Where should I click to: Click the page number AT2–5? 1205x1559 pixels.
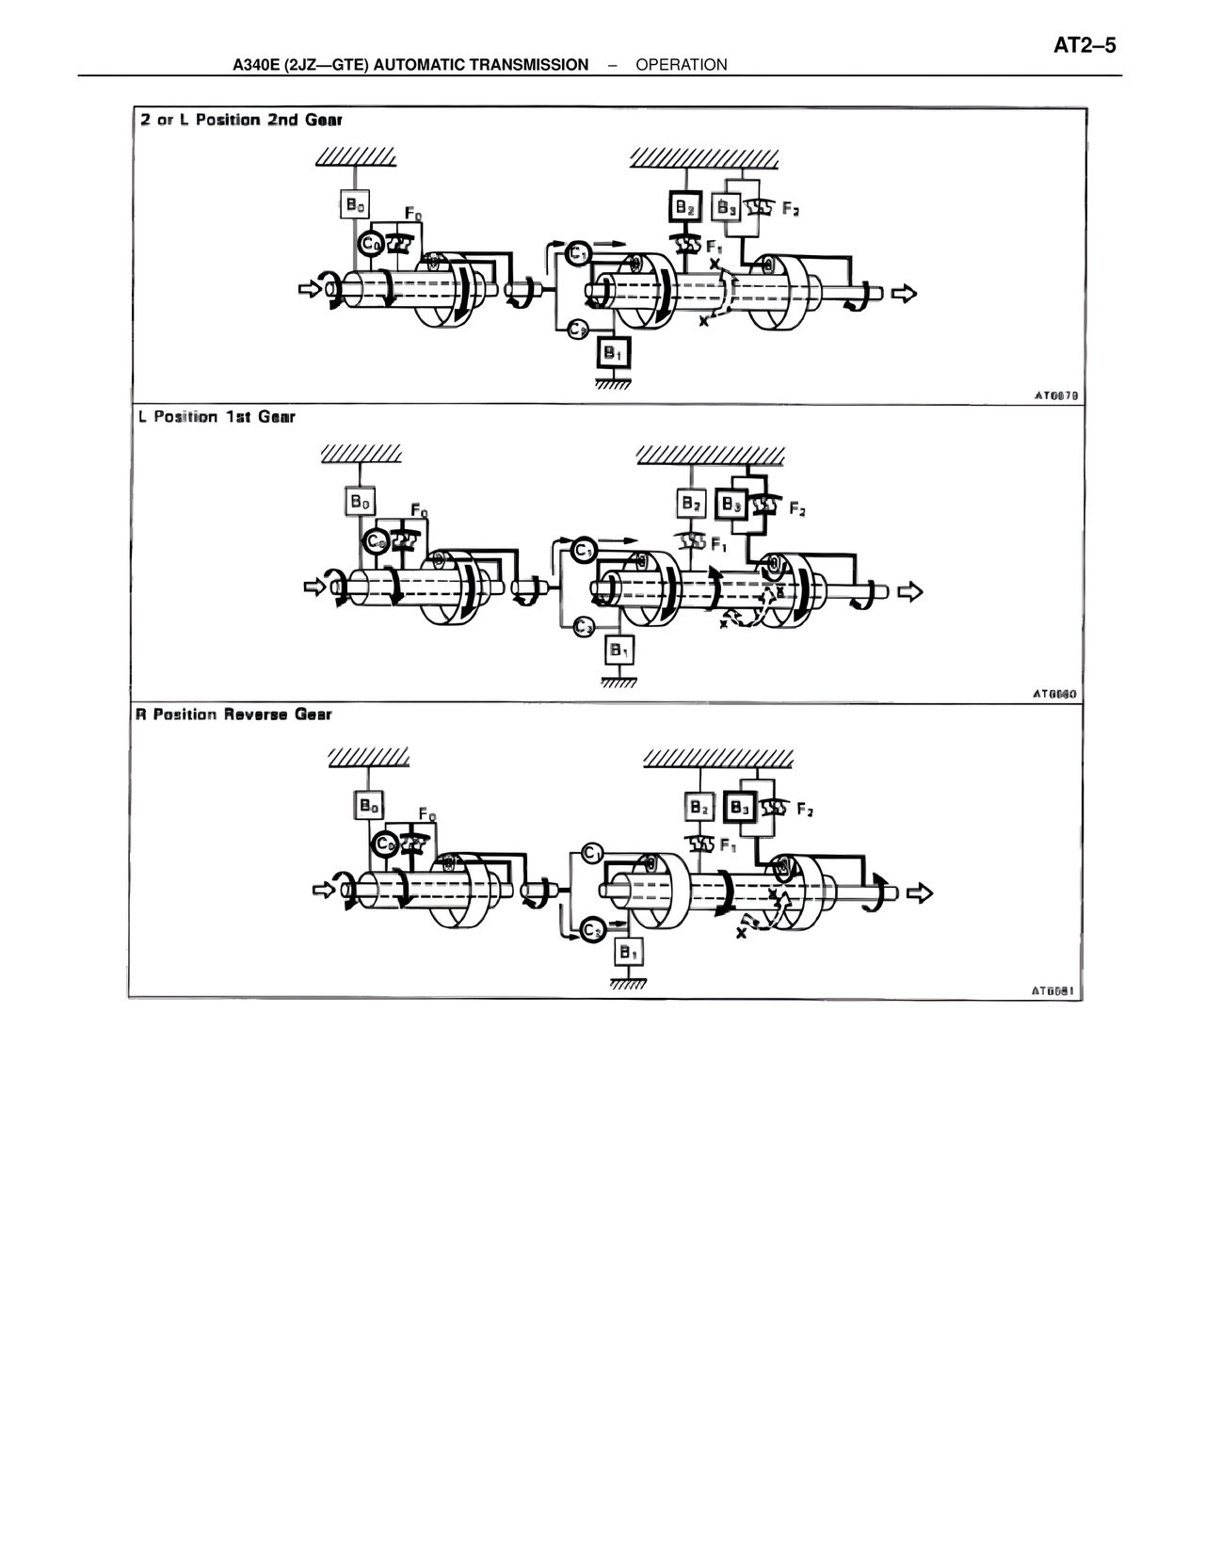[1084, 46]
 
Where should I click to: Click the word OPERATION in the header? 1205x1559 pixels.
[681, 65]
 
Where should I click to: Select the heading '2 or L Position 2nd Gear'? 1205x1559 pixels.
[242, 121]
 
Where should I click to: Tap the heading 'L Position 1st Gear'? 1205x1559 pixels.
[217, 416]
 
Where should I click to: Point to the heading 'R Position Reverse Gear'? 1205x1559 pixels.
[233, 715]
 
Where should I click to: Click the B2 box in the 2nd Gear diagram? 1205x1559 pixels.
[685, 206]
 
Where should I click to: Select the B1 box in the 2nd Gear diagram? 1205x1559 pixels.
[613, 354]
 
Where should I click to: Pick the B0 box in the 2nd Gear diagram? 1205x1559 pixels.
[354, 204]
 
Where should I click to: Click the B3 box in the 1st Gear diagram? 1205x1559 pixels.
[731, 505]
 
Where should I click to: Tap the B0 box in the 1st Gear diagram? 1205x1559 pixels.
[361, 502]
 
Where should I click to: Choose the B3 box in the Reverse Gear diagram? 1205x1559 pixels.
[740, 808]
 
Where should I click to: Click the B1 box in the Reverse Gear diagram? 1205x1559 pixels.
[628, 953]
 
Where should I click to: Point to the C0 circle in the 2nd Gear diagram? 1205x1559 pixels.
[370, 244]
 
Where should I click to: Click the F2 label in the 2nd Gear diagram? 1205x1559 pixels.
[791, 209]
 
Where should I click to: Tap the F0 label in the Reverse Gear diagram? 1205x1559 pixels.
[426, 813]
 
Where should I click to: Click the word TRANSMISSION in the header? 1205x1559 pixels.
[528, 65]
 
